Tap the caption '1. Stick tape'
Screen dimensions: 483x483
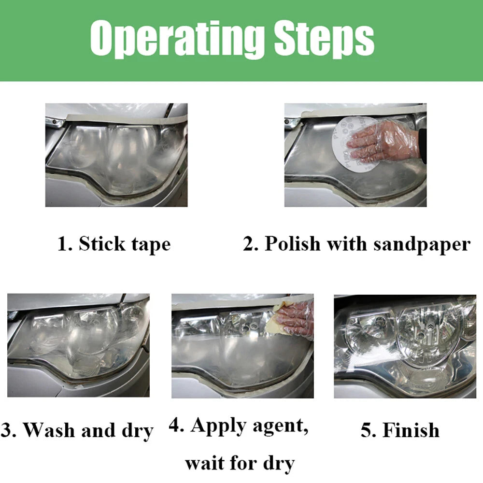pos(114,244)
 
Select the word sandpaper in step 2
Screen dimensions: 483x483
pos(422,245)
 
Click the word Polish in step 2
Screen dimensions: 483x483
pos(293,243)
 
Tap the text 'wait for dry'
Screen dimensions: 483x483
pos(240,464)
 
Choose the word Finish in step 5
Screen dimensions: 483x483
pos(411,430)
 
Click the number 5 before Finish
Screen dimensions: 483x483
pos(366,430)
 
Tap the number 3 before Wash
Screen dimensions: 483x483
pos(5,430)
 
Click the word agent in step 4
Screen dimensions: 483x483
pos(280,427)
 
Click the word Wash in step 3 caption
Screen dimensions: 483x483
pos(50,429)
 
